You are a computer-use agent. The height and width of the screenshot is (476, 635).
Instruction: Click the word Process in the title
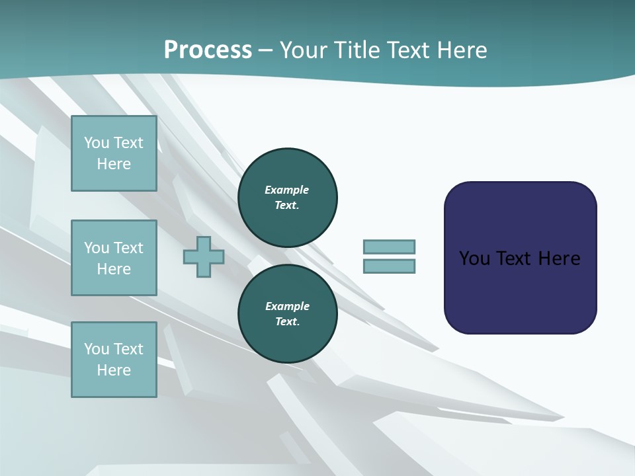tap(208, 50)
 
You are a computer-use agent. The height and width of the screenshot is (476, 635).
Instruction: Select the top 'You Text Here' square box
tap(114, 153)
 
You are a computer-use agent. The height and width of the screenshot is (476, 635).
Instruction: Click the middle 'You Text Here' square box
tap(114, 258)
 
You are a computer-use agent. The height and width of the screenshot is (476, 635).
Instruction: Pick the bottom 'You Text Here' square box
tap(114, 360)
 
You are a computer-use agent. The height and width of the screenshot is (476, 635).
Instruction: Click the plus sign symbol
tap(204, 257)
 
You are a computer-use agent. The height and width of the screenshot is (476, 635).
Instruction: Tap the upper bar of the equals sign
tap(389, 247)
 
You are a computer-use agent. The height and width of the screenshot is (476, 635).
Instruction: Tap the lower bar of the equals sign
tap(389, 266)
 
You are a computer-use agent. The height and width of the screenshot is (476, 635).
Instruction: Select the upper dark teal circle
tap(287, 198)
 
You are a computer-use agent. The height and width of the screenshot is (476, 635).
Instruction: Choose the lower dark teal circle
tap(287, 314)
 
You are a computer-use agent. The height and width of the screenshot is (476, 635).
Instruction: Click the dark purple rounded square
tap(520, 258)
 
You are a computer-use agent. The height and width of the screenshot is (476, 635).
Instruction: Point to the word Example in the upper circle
tap(287, 190)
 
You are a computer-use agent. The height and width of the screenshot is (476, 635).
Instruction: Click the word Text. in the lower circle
tap(287, 322)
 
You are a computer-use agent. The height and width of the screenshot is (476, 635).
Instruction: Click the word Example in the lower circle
tap(287, 306)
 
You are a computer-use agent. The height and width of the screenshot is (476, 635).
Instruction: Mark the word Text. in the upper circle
tap(287, 206)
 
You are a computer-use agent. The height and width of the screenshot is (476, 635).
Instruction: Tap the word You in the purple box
tap(474, 258)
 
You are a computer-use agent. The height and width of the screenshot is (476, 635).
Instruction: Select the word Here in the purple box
tap(559, 258)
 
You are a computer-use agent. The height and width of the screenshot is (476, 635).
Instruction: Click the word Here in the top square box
tap(114, 164)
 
